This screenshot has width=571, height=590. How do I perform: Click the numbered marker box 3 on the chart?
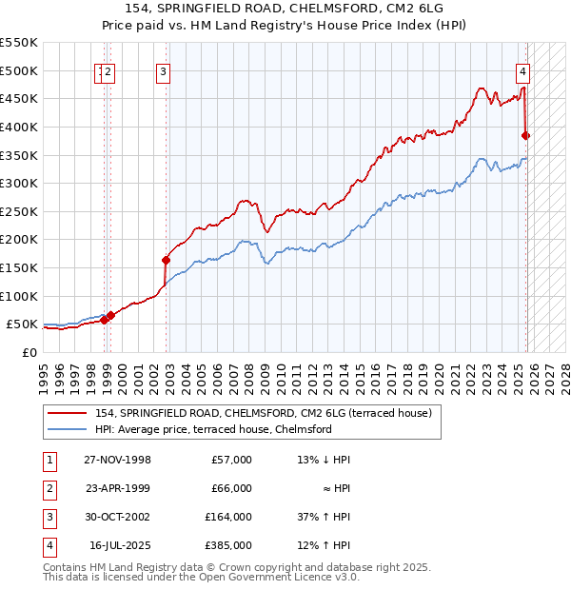click(x=164, y=70)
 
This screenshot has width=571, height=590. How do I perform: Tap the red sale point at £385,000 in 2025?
click(x=526, y=135)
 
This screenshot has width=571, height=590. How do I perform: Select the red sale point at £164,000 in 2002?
click(x=166, y=260)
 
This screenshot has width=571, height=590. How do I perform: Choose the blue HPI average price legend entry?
click(x=212, y=429)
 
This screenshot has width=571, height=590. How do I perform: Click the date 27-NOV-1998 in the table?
click(x=117, y=460)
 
